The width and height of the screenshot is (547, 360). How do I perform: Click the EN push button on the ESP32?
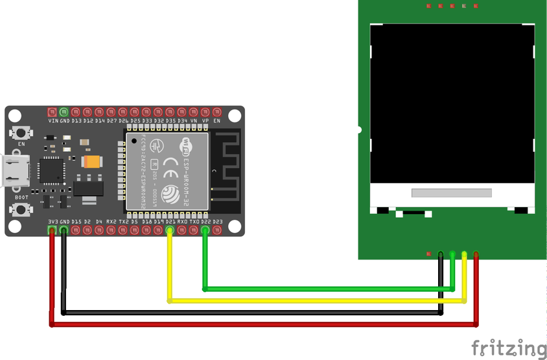pyautogui.click(x=21, y=132)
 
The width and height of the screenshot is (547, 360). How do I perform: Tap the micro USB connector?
pyautogui.click(x=15, y=170)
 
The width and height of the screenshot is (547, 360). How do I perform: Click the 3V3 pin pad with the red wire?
pyautogui.click(x=52, y=228)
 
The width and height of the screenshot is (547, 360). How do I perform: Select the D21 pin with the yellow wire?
pyautogui.click(x=170, y=228)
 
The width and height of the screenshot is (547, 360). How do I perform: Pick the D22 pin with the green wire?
pyautogui.click(x=205, y=228)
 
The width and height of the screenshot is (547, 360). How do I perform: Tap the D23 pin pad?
pyautogui.click(x=217, y=228)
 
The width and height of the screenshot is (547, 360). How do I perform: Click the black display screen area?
pyautogui.click(x=452, y=104)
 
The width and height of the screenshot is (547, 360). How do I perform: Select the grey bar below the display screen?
pyautogui.click(x=452, y=193)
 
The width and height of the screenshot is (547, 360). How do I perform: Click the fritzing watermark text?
pyautogui.click(x=509, y=348)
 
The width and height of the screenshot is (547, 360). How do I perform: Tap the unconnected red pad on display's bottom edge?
pyautogui.click(x=428, y=254)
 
